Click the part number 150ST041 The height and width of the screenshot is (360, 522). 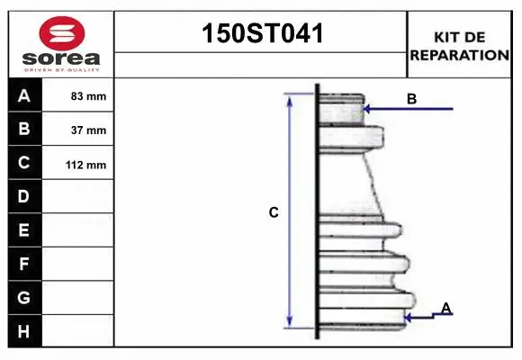(261, 34)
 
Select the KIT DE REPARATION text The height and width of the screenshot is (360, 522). (460, 46)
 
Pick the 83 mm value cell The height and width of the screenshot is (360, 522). (88, 96)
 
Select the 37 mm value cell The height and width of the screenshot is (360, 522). (88, 130)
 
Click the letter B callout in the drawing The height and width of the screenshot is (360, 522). (411, 99)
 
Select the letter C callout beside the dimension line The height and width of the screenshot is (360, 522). (274, 212)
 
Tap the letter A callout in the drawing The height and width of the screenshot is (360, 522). (445, 309)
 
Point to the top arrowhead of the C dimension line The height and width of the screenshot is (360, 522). (289, 98)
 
